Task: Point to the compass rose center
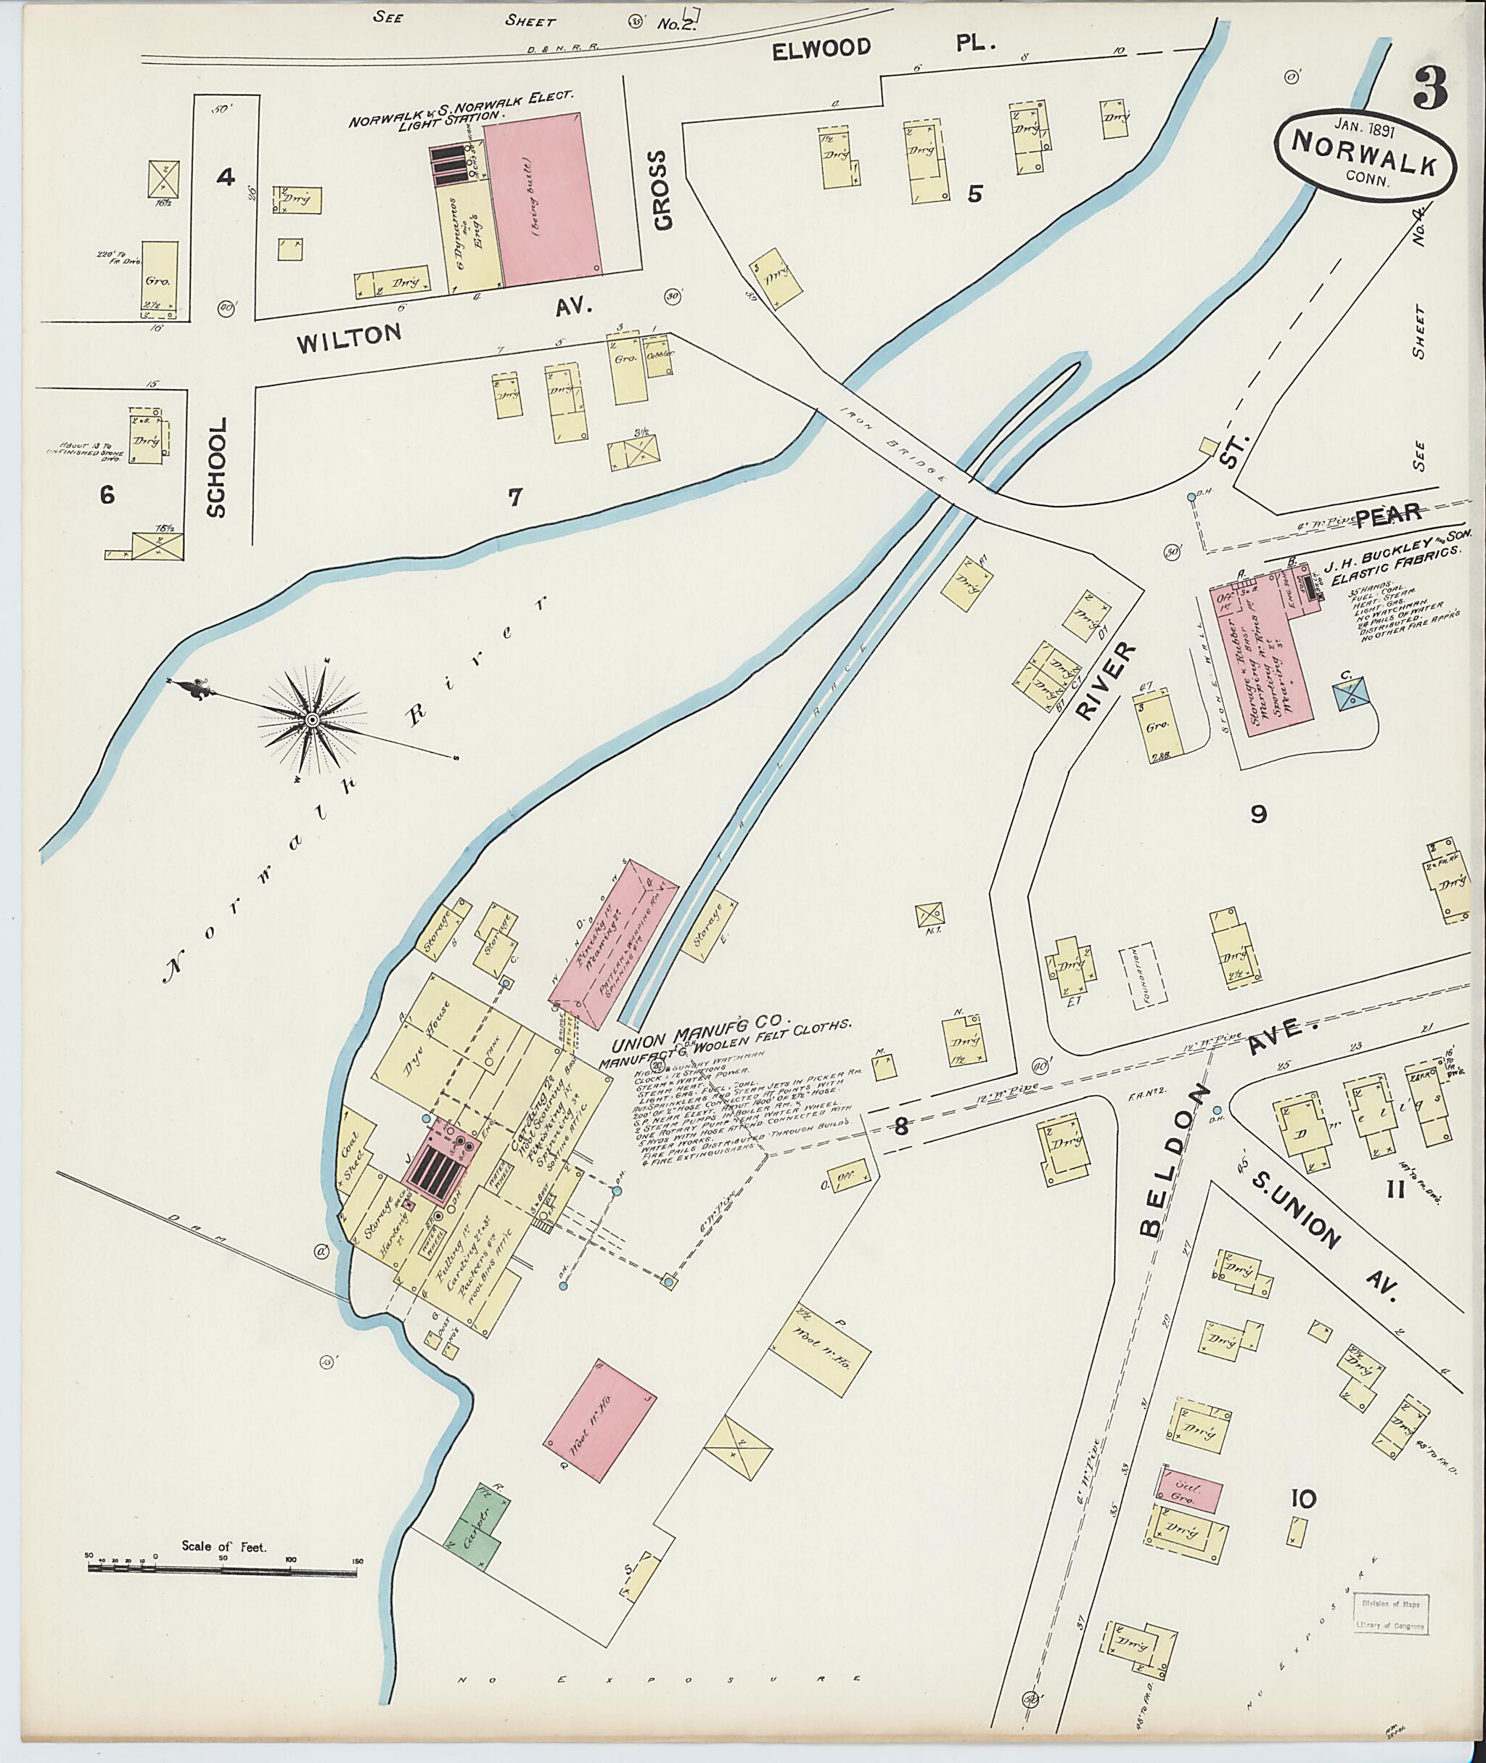point(312,719)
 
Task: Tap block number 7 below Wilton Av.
point(514,497)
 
